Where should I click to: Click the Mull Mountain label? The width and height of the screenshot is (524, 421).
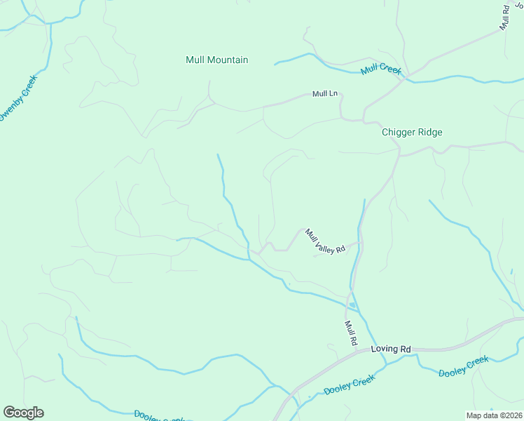(217, 60)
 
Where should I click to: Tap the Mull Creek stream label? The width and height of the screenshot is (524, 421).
(381, 71)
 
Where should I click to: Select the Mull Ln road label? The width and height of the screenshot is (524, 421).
(325, 94)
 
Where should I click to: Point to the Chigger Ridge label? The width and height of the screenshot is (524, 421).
(412, 132)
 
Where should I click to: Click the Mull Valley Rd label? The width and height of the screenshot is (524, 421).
(325, 241)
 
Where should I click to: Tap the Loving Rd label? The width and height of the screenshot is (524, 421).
(391, 349)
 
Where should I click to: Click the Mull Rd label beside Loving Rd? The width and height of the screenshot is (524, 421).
(351, 333)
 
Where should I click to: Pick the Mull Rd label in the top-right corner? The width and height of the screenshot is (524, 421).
(504, 17)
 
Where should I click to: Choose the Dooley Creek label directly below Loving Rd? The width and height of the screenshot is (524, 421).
(350, 385)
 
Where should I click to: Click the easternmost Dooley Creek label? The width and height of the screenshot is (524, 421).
(463, 366)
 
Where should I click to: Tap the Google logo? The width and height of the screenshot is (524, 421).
(23, 413)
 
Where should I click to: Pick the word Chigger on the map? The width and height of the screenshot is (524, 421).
(397, 132)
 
